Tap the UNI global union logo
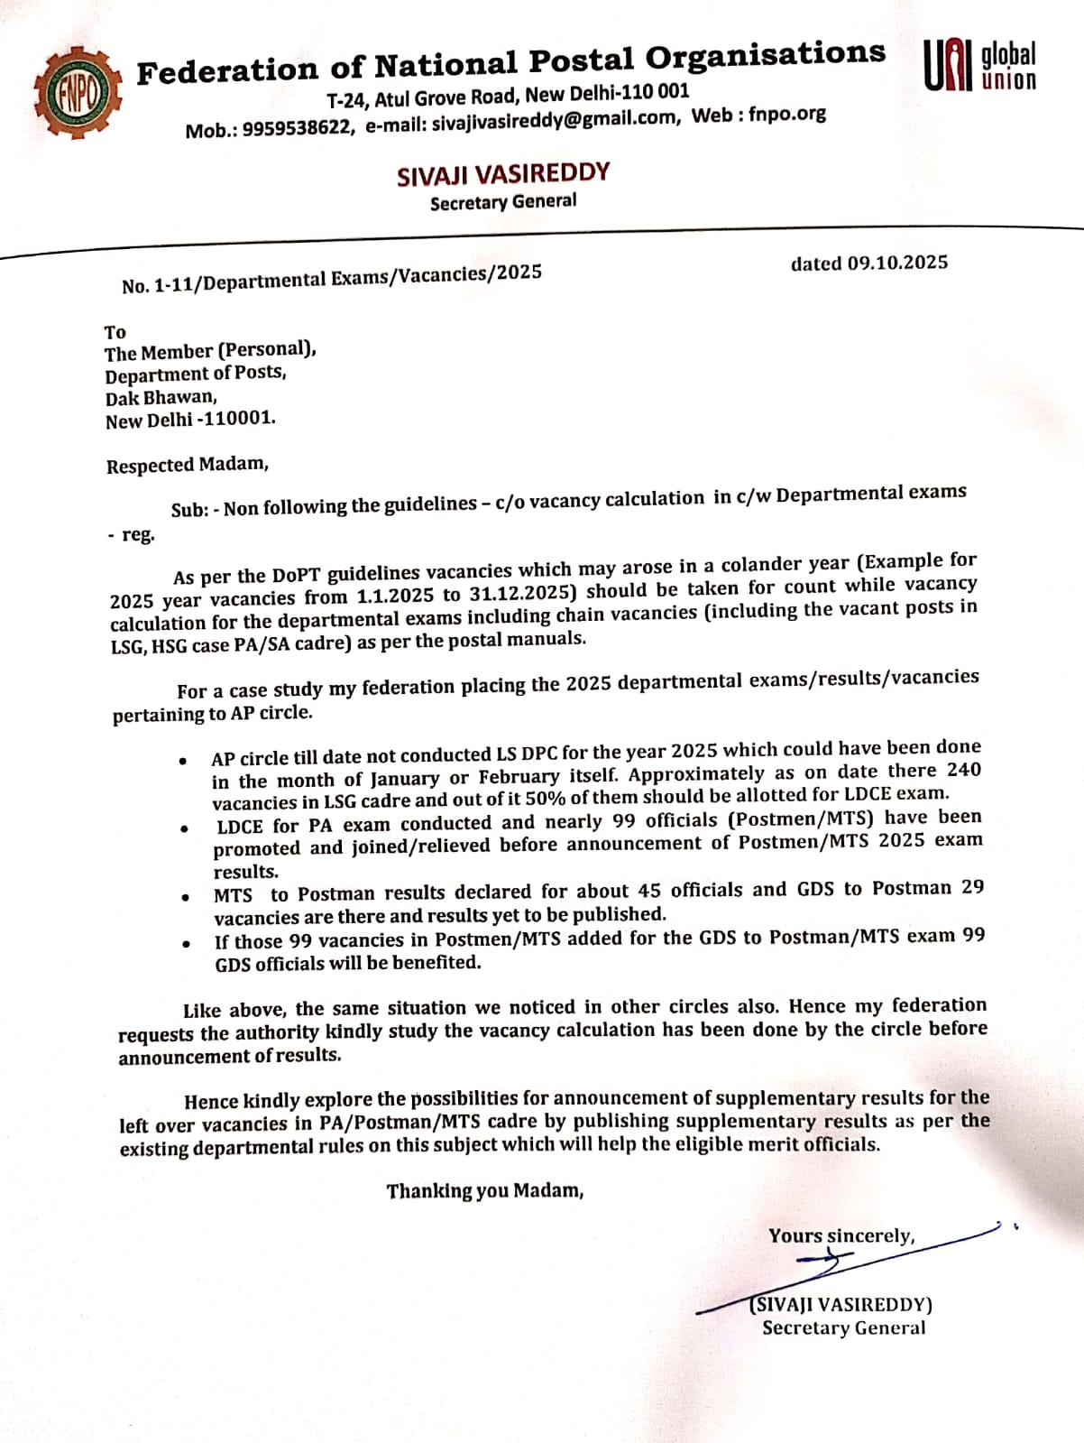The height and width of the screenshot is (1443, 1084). coord(980,66)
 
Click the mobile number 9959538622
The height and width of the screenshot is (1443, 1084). coord(297,127)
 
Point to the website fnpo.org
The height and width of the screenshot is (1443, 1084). coord(786,114)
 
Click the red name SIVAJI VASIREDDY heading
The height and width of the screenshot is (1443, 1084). coord(503,173)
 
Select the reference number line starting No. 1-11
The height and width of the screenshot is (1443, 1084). coord(332,279)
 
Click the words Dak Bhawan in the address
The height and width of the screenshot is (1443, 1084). coord(161,397)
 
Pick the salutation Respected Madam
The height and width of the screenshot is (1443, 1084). coord(188,465)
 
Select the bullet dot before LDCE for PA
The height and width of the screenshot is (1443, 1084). coord(184,828)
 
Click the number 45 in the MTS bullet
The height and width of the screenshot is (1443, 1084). coord(648,891)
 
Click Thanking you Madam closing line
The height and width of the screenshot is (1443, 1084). coord(485,1191)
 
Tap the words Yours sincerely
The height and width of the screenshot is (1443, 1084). coord(841,1235)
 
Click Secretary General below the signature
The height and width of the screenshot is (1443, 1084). coord(843,1327)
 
